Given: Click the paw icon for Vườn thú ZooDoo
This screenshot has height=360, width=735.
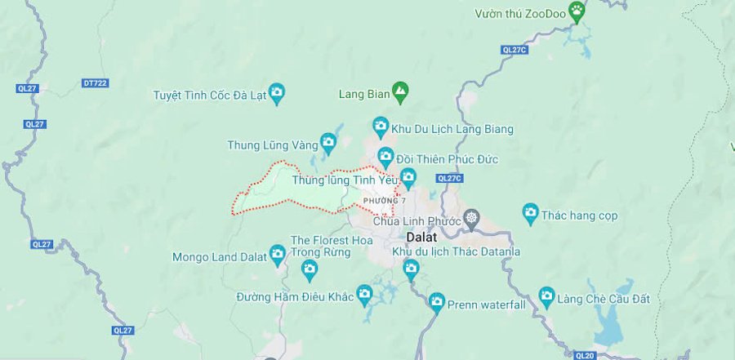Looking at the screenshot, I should [x=578, y=11].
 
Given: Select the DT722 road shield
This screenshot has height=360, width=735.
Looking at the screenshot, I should [x=96, y=83].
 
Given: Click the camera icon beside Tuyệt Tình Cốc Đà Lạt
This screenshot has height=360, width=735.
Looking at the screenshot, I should [x=277, y=93].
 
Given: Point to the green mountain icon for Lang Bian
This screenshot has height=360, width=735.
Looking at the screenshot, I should [x=400, y=92].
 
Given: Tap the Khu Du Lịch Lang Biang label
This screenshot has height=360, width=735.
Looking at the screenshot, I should [x=452, y=129].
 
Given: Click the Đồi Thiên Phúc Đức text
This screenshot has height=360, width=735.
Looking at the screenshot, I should [x=448, y=158].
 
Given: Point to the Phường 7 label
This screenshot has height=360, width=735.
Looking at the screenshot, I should [x=385, y=201].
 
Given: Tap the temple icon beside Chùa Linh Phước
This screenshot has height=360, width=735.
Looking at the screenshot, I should [x=471, y=219].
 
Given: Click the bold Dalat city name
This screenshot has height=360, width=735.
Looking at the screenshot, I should [x=425, y=236].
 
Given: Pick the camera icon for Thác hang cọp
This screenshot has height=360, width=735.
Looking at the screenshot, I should [x=531, y=215].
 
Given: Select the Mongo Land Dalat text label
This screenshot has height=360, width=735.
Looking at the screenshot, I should [x=220, y=256].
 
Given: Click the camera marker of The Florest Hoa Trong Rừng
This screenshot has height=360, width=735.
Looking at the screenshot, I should [x=310, y=267].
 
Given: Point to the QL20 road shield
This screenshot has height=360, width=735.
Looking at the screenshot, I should [x=585, y=355].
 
